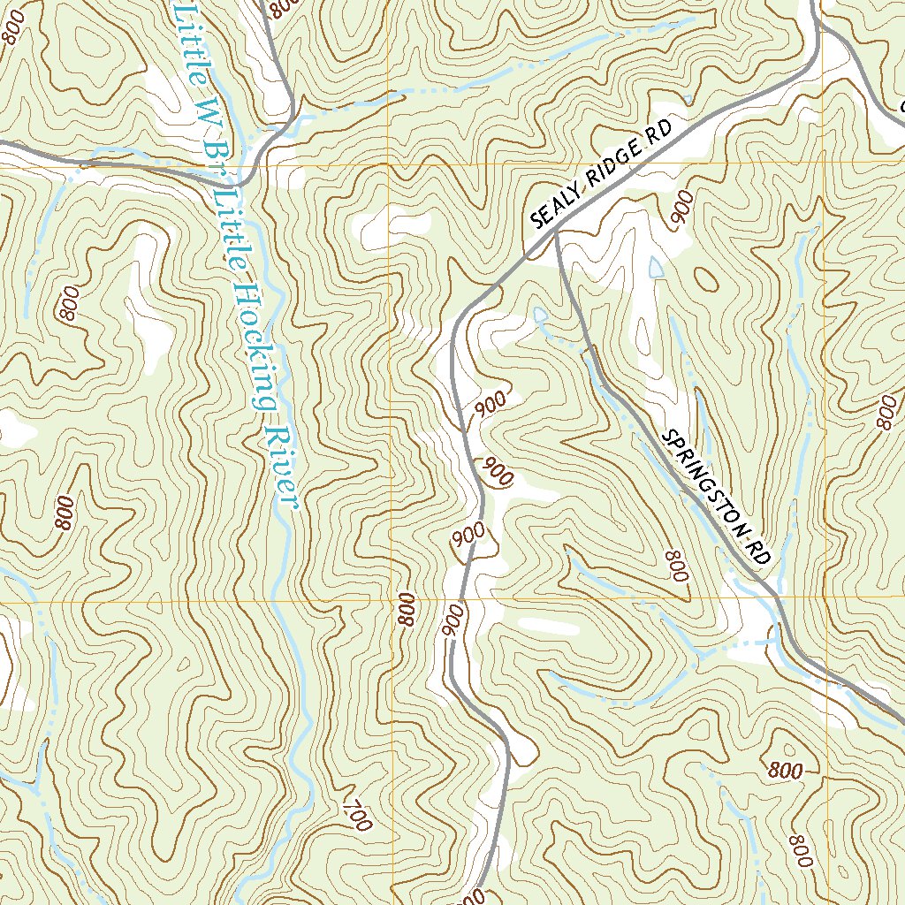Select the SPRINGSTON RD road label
coord(717,497)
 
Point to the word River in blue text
coord(282,468)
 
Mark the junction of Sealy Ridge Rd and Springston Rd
coord(556,233)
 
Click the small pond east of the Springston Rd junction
coord(655,266)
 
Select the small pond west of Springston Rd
coord(540,315)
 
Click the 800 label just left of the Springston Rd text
coord(675,566)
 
